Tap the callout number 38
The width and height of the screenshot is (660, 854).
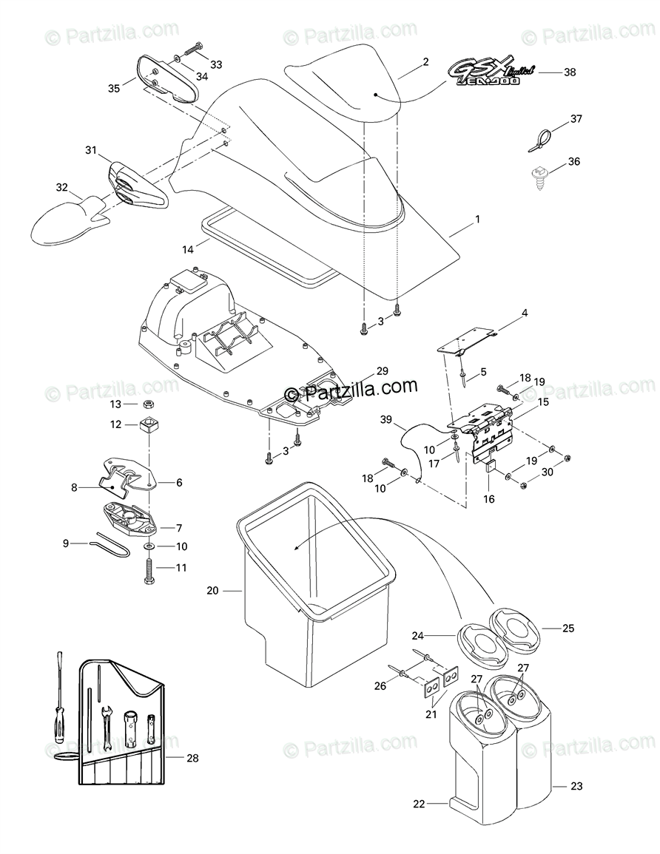pos(569,72)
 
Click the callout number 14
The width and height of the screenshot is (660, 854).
pos(189,249)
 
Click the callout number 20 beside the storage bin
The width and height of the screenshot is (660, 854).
pos(212,590)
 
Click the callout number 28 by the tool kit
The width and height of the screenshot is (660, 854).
pos(193,757)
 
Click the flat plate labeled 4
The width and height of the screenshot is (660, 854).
pos(466,334)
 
